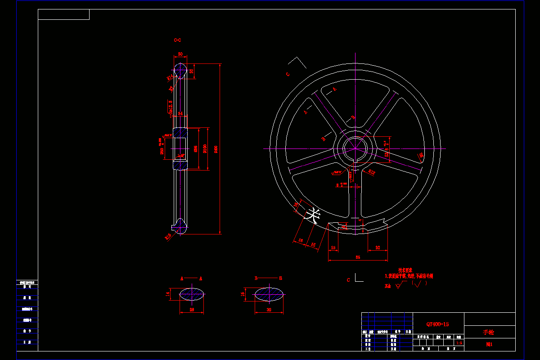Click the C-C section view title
178,40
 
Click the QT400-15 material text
437,324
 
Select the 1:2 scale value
459,343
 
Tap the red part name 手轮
488,333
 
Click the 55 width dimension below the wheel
358,257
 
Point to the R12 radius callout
372,172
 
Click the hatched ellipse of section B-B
269,295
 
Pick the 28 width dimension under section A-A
192,310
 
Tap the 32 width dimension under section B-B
269,310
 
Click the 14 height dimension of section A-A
168,294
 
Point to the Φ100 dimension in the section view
205,148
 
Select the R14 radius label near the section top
170,77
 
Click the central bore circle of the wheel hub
355,148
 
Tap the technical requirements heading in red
405,270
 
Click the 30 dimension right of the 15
378,248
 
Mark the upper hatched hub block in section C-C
180,133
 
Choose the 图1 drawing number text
489,345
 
